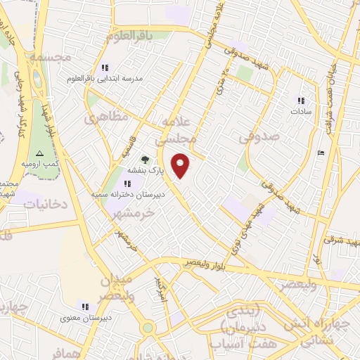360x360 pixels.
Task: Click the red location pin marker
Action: [x=181, y=165]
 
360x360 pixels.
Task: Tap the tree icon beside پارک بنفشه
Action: [x=145, y=160]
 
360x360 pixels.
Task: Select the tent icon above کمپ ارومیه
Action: [x=40, y=153]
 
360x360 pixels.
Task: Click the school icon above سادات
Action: [x=302, y=101]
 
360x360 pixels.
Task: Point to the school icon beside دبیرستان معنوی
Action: [x=85, y=307]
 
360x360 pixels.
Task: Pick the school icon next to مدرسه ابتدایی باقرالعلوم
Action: [x=105, y=68]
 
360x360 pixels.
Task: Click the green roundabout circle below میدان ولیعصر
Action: [x=147, y=328]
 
